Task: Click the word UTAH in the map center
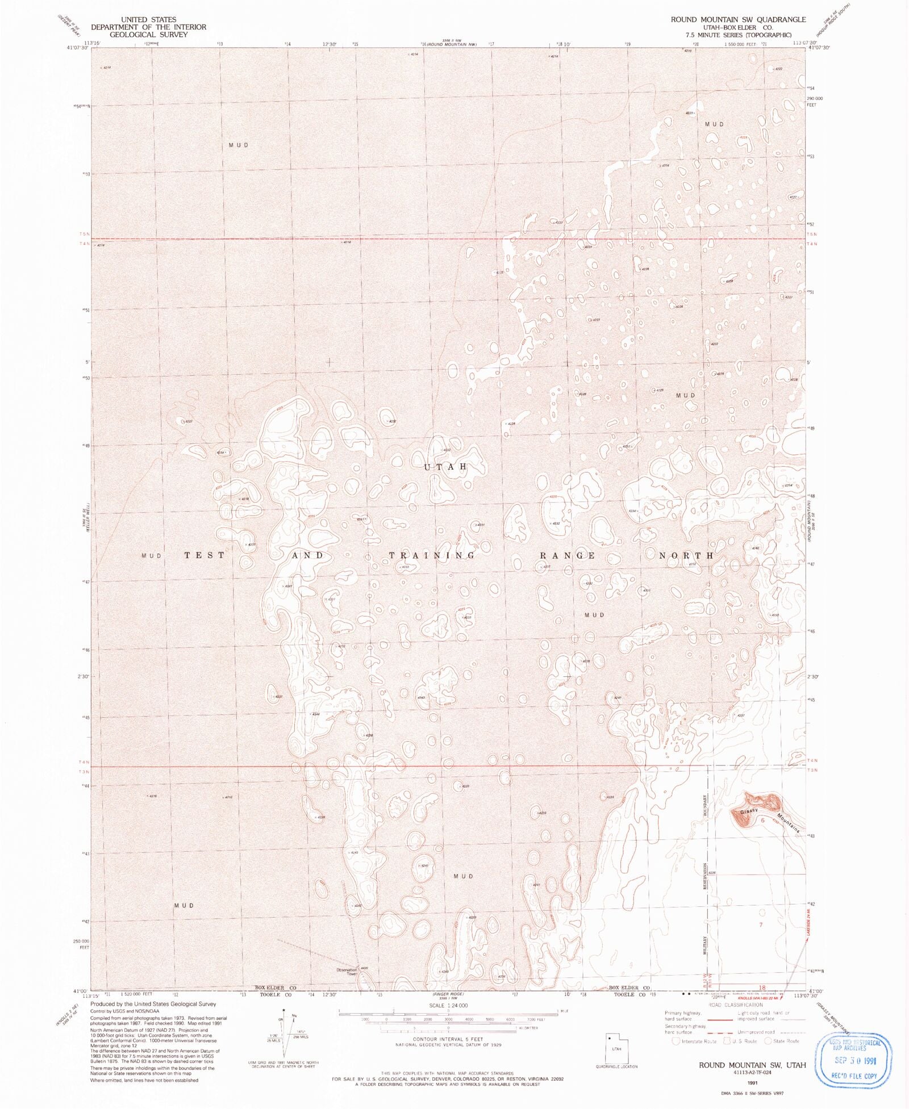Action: pyautogui.click(x=445, y=467)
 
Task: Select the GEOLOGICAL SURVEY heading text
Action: pyautogui.click(x=148, y=35)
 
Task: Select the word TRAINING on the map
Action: pyautogui.click(x=432, y=555)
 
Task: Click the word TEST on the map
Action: pyautogui.click(x=205, y=555)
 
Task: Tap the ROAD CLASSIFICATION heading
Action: pyautogui.click(x=736, y=1005)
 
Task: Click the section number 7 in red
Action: pyautogui.click(x=761, y=925)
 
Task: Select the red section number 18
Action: pyautogui.click(x=762, y=987)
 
